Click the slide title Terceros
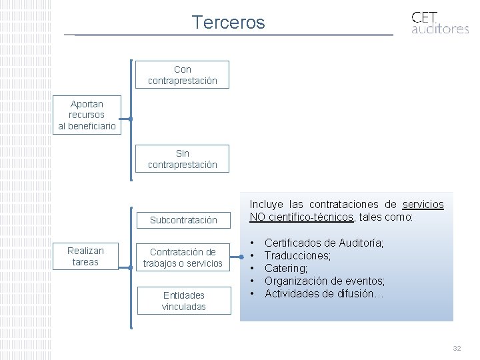(228, 23)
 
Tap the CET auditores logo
(439, 23)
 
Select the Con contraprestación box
(182, 75)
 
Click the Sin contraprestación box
(182, 159)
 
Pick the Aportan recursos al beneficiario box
(87, 115)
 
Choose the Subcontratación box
(183, 220)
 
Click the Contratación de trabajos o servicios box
(183, 257)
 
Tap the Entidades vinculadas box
(183, 301)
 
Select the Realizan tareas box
(85, 256)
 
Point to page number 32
(457, 349)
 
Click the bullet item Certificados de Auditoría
(324, 243)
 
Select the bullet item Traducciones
(298, 256)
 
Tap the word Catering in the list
(286, 269)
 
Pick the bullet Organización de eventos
(325, 281)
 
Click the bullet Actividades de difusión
(324, 293)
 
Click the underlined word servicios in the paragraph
(423, 205)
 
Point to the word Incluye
(266, 205)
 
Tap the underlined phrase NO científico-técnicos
(301, 217)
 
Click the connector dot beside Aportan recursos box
(131, 119)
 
